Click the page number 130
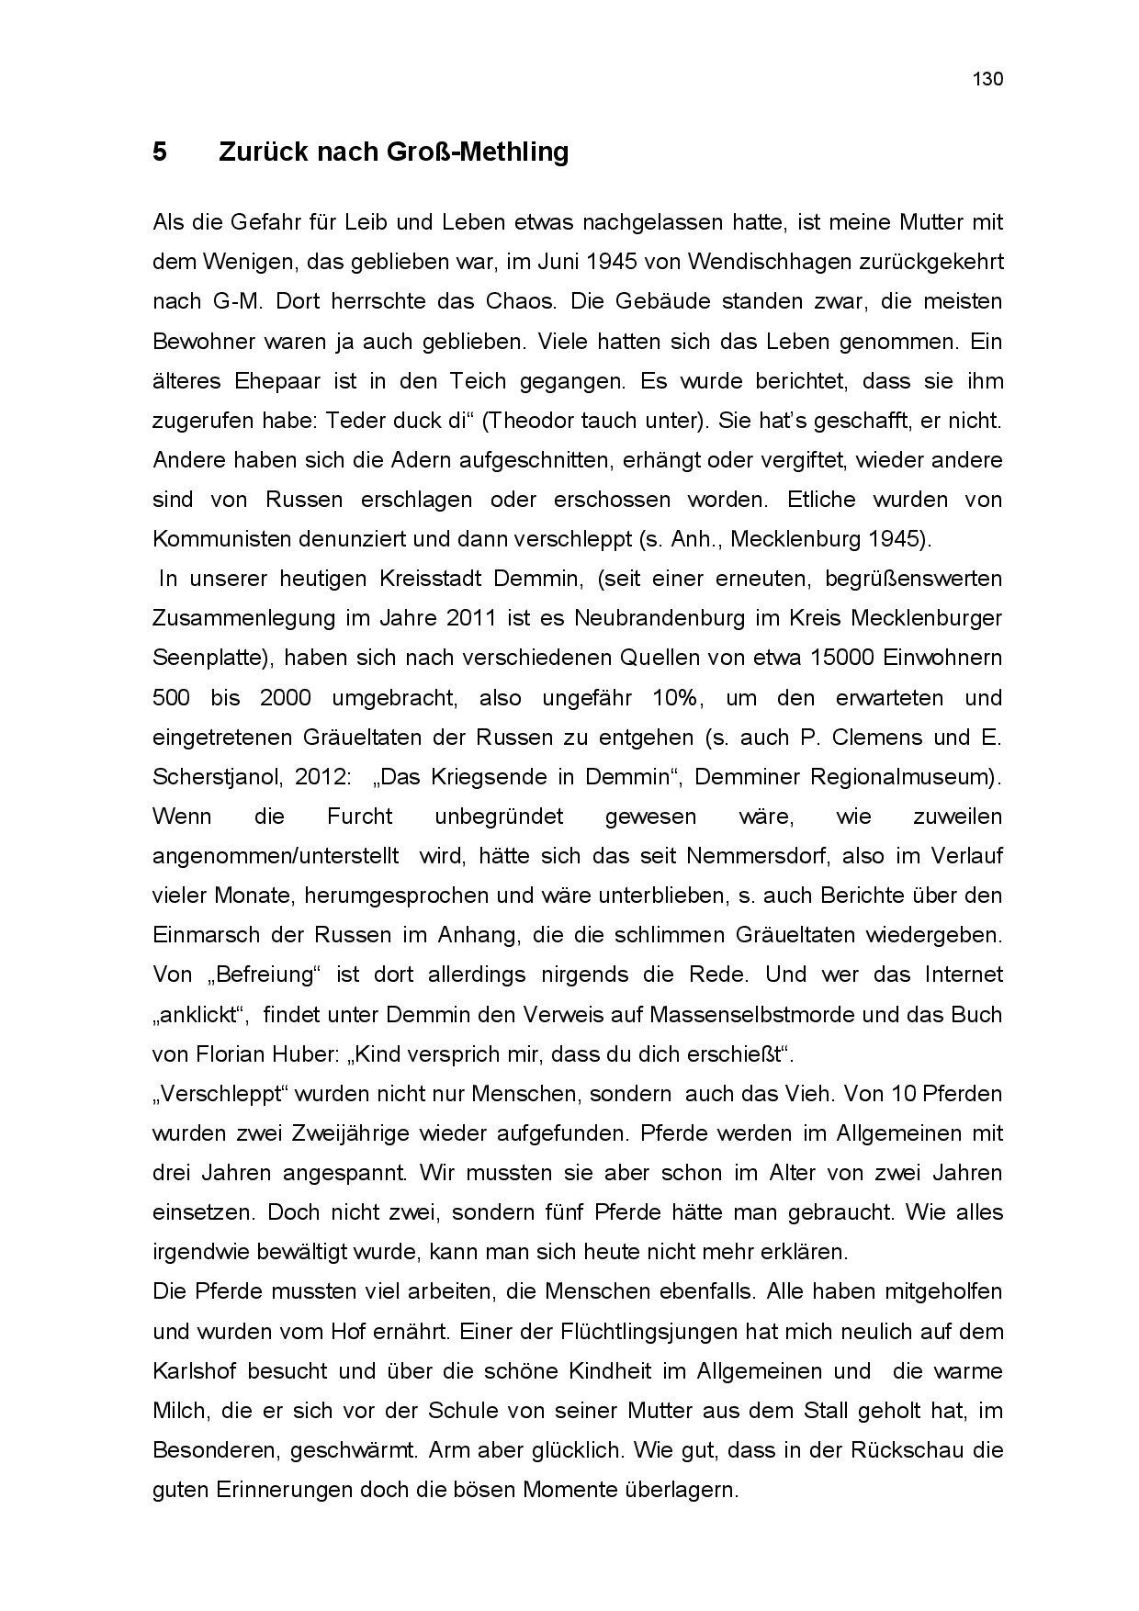tap(987, 79)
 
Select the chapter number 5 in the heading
tap(160, 152)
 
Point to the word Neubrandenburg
tap(660, 618)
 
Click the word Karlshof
tap(194, 1371)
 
